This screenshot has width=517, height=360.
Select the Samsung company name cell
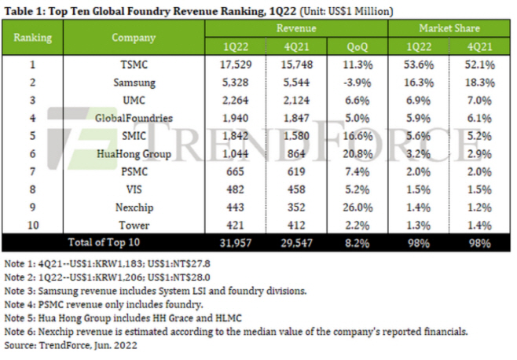coord(134,83)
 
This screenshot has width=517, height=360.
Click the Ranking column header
coord(33,37)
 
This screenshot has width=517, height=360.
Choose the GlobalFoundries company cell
coord(134,117)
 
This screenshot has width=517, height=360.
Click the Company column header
coord(134,37)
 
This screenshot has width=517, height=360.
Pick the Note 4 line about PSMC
coord(115,304)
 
